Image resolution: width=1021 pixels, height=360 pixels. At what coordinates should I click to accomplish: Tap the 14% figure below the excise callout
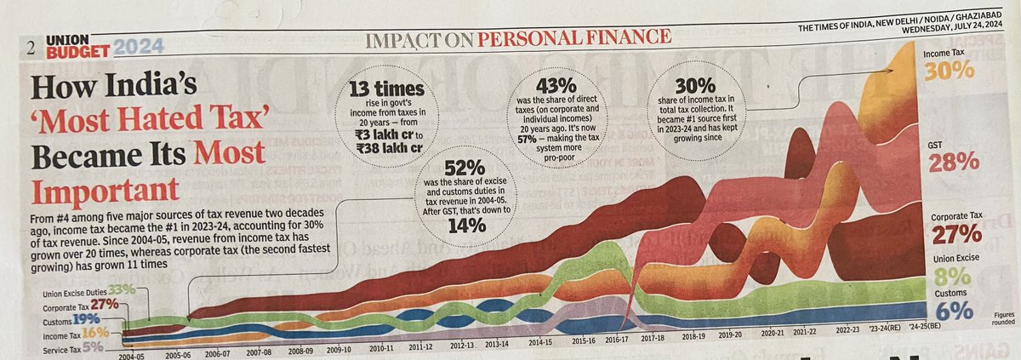(x=463, y=226)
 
